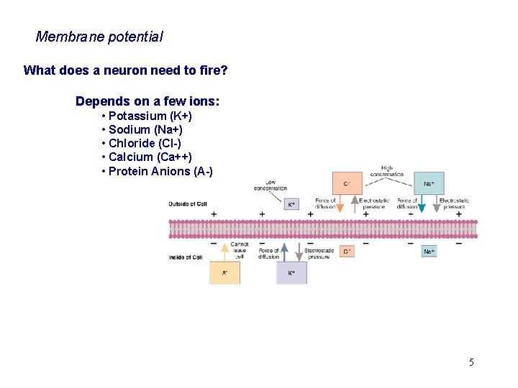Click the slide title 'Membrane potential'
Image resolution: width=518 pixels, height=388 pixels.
99,36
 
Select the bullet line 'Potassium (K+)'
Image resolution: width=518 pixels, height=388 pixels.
150,116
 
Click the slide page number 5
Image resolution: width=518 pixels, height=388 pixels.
471,361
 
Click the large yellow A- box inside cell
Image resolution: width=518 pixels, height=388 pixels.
224,272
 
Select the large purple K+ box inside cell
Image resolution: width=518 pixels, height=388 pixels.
291,272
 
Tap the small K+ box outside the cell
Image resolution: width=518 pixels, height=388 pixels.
291,204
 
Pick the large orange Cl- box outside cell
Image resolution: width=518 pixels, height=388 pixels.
347,184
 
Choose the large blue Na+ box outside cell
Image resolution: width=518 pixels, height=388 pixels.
429,184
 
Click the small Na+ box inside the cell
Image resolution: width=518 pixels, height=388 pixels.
429,251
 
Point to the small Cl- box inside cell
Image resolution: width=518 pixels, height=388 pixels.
347,251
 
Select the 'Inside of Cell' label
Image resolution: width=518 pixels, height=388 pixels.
185,257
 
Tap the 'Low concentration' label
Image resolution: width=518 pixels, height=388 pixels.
270,185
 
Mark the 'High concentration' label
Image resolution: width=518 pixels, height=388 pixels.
387,171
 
